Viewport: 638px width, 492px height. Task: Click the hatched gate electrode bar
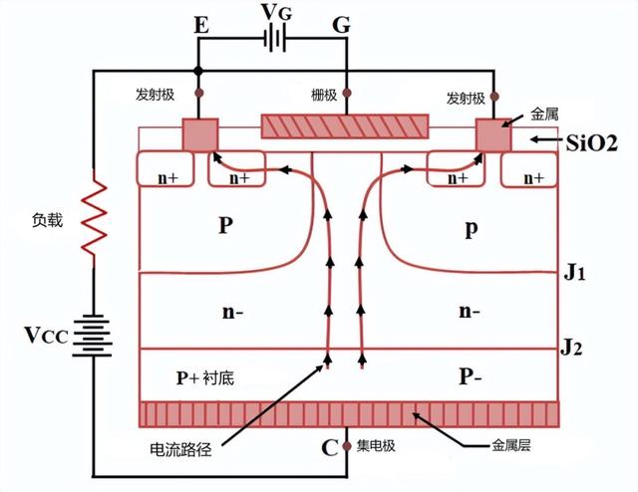(345, 125)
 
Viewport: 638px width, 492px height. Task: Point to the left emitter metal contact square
(200, 135)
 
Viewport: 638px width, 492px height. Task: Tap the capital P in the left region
(225, 225)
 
